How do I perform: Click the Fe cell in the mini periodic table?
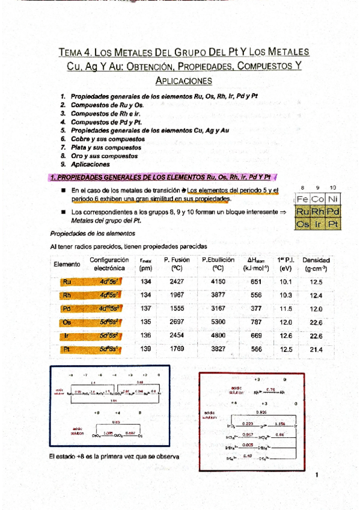click(x=302, y=199)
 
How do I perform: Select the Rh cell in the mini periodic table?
click(x=317, y=212)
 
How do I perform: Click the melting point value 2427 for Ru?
click(x=177, y=281)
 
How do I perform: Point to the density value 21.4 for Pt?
click(x=316, y=349)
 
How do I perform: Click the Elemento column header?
click(x=67, y=264)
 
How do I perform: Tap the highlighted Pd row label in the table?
click(x=67, y=309)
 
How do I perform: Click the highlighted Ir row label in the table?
click(x=67, y=336)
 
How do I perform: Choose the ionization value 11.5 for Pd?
click(x=285, y=309)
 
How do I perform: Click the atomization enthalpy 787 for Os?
click(x=256, y=322)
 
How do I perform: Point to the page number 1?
click(x=316, y=475)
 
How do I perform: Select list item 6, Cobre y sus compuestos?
click(x=103, y=138)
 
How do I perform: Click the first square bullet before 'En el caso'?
click(x=63, y=190)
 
